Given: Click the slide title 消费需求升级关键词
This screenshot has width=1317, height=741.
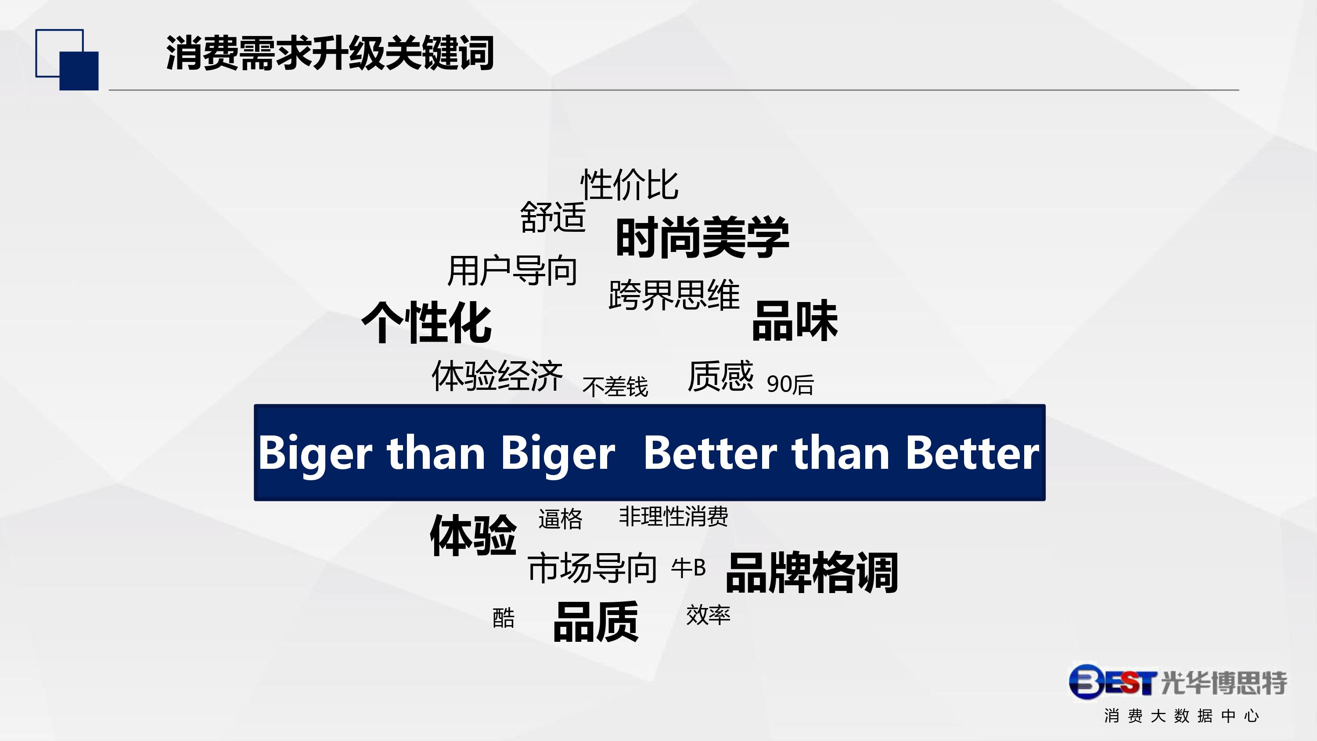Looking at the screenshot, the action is point(330,53).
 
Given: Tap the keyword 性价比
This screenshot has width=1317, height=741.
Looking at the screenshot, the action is point(630,185).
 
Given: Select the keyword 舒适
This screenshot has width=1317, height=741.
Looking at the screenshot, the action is point(553,217).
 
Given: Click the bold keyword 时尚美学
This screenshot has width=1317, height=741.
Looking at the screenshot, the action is point(702,237).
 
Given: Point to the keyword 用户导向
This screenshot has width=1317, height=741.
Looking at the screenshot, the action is point(512,270).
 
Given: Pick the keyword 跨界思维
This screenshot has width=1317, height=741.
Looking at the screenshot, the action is point(674,295).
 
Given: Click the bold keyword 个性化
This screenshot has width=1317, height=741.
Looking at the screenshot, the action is point(426,322).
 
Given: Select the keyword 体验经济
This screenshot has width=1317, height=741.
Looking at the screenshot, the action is point(497,376).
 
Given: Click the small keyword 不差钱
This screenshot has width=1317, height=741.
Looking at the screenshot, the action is point(615,387).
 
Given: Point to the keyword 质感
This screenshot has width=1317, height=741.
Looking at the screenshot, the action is point(720,376).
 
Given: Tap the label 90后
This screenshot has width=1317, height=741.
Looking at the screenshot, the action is point(790,385).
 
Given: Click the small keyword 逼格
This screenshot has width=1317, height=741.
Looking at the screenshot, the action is point(560,519).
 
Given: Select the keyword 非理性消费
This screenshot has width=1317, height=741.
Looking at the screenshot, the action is point(673,517).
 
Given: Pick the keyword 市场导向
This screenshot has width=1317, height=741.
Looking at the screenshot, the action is point(592,568).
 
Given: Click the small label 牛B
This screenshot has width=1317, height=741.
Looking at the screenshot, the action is point(689,568).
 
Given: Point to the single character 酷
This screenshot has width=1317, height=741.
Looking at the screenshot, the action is point(503,618).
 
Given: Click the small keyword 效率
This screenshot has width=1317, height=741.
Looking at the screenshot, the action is point(708,615).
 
